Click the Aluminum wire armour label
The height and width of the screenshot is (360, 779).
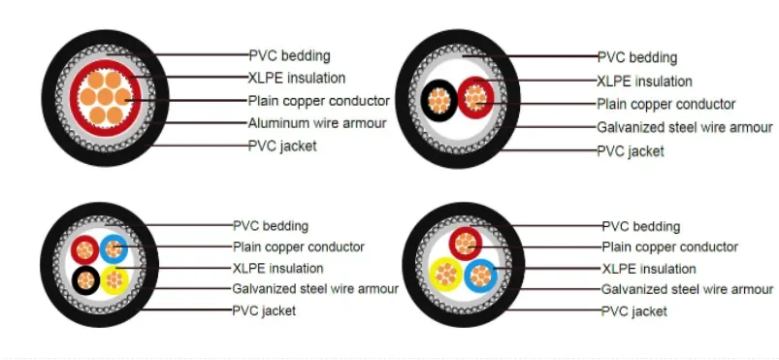(317, 123)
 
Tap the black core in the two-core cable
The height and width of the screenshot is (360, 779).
(439, 99)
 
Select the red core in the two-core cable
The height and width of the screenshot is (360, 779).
(475, 97)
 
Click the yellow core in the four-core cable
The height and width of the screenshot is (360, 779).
(114, 279)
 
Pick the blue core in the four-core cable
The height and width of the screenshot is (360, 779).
(114, 249)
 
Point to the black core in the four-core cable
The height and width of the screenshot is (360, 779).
(85, 280)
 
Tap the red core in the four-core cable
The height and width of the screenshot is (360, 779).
(84, 250)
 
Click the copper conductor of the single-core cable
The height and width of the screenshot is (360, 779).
(103, 94)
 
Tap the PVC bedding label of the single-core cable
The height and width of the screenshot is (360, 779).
(289, 55)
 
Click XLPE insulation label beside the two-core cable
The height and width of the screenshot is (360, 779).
(644, 82)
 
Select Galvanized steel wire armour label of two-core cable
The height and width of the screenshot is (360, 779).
(684, 127)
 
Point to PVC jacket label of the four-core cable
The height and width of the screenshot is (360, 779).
(264, 311)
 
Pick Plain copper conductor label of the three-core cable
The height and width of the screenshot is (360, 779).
(669, 247)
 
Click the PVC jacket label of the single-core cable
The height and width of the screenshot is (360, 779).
(282, 146)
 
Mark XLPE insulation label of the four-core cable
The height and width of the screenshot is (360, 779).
(277, 268)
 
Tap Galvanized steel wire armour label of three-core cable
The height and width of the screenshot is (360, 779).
(687, 289)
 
